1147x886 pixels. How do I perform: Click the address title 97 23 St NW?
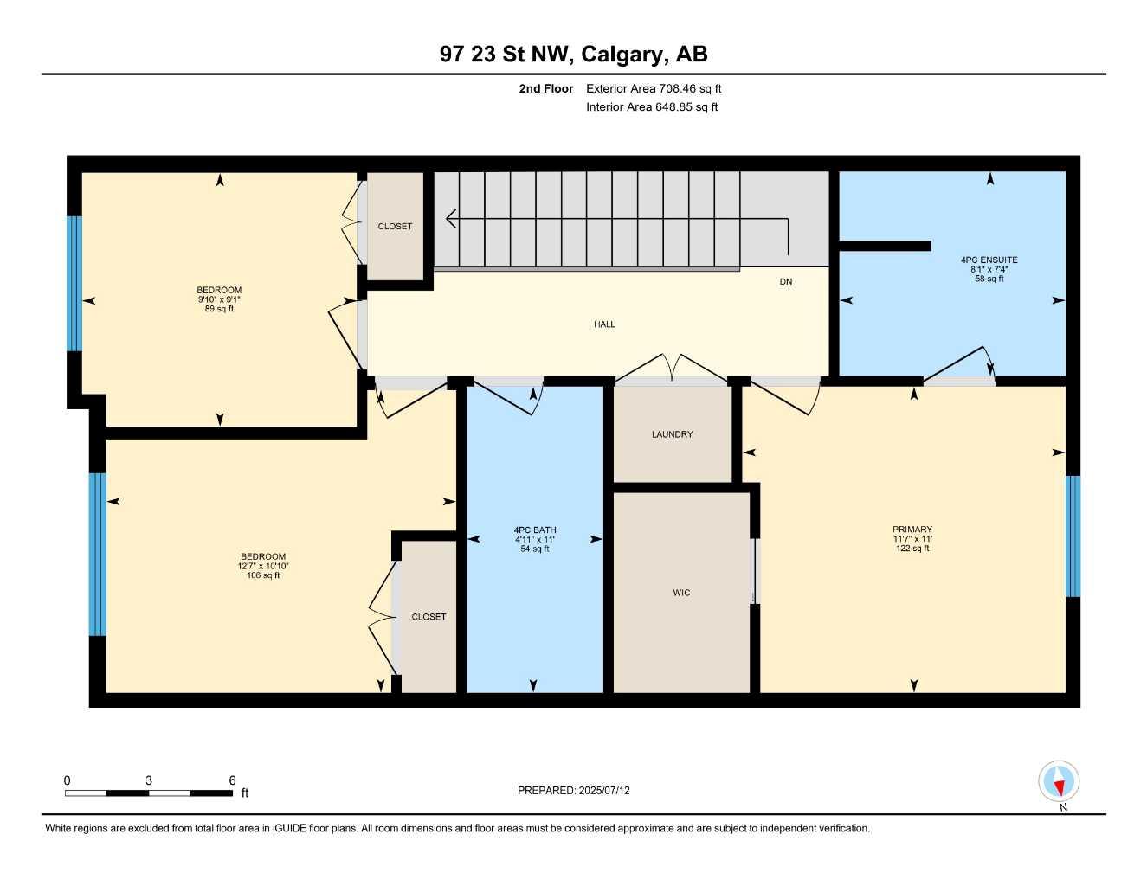coord(573,54)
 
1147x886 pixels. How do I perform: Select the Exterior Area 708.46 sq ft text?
coord(654,88)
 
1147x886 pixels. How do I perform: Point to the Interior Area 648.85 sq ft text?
coord(652,107)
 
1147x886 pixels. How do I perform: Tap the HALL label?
coord(604,324)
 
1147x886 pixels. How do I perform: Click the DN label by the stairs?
coord(785,282)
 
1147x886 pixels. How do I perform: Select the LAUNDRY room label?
coord(672,434)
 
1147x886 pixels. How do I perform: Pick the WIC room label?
coord(681,593)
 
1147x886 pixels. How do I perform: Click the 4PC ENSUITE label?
coord(989,260)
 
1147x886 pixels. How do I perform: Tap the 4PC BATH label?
coord(535,530)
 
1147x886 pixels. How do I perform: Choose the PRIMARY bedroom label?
coord(912,530)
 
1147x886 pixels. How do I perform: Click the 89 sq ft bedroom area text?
coord(219,309)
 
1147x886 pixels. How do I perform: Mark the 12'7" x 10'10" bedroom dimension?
coord(263,566)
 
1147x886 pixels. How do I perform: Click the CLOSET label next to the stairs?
coord(395,227)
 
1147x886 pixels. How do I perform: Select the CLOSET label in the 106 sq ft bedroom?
coord(429,617)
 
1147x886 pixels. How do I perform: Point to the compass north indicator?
coord(1059,783)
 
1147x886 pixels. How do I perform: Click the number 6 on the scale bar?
coord(232,780)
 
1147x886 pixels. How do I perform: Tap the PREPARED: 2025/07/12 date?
coord(574,790)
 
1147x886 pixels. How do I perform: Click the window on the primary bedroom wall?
coord(1073,536)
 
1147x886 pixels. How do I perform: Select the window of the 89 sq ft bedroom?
coord(74,283)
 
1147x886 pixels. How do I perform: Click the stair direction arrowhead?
coord(450,219)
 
